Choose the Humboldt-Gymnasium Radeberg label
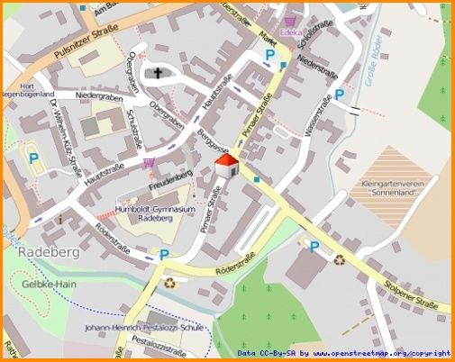click(156, 213)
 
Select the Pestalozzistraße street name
click(160, 343)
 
